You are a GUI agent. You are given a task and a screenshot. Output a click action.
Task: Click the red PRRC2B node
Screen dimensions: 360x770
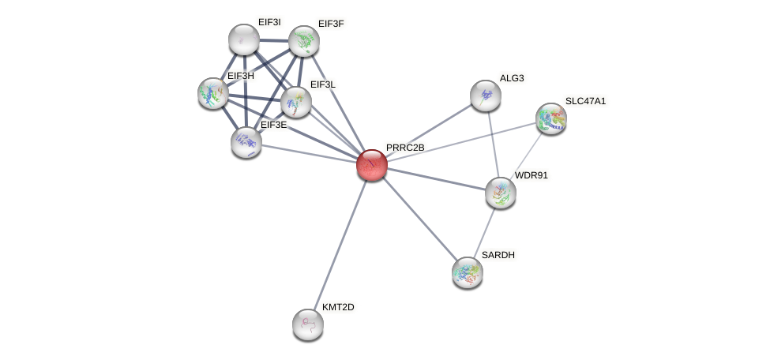click(371, 165)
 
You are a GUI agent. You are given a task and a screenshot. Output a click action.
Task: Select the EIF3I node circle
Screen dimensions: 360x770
click(244, 39)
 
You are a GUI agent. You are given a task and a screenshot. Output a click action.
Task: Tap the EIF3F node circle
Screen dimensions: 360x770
click(304, 42)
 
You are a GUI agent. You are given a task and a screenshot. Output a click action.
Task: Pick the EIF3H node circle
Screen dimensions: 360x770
click(213, 93)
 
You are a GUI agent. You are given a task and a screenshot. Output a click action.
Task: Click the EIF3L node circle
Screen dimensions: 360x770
click(296, 102)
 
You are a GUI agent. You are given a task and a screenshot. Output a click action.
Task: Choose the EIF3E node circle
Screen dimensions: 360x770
click(246, 141)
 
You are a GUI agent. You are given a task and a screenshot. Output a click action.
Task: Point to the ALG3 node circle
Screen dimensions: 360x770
click(486, 96)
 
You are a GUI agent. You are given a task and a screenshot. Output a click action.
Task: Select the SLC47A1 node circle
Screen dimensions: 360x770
click(551, 118)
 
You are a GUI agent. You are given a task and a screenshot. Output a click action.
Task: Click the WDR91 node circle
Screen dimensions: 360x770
click(501, 192)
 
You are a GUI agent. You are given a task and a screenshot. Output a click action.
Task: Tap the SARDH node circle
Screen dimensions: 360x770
click(468, 272)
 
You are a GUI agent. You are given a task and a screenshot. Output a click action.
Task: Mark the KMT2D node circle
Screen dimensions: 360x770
click(308, 324)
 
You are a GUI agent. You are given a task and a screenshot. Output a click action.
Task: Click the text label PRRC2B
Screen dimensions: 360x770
click(405, 148)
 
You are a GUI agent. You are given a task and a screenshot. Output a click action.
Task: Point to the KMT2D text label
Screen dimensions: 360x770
click(338, 307)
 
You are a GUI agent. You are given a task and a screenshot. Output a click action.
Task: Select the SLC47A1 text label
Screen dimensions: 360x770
click(585, 101)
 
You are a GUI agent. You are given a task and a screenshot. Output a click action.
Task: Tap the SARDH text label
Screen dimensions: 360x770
click(498, 255)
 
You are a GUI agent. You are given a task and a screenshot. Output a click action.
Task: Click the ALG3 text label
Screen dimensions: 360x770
click(511, 78)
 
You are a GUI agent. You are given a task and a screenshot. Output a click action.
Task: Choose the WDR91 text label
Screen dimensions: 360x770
click(531, 175)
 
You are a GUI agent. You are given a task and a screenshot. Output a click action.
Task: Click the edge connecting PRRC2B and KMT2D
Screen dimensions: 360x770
click(340, 245)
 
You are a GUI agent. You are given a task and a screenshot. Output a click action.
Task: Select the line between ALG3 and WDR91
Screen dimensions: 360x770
click(493, 144)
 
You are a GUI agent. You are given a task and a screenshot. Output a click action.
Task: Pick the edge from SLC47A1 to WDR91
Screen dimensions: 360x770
click(526, 155)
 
